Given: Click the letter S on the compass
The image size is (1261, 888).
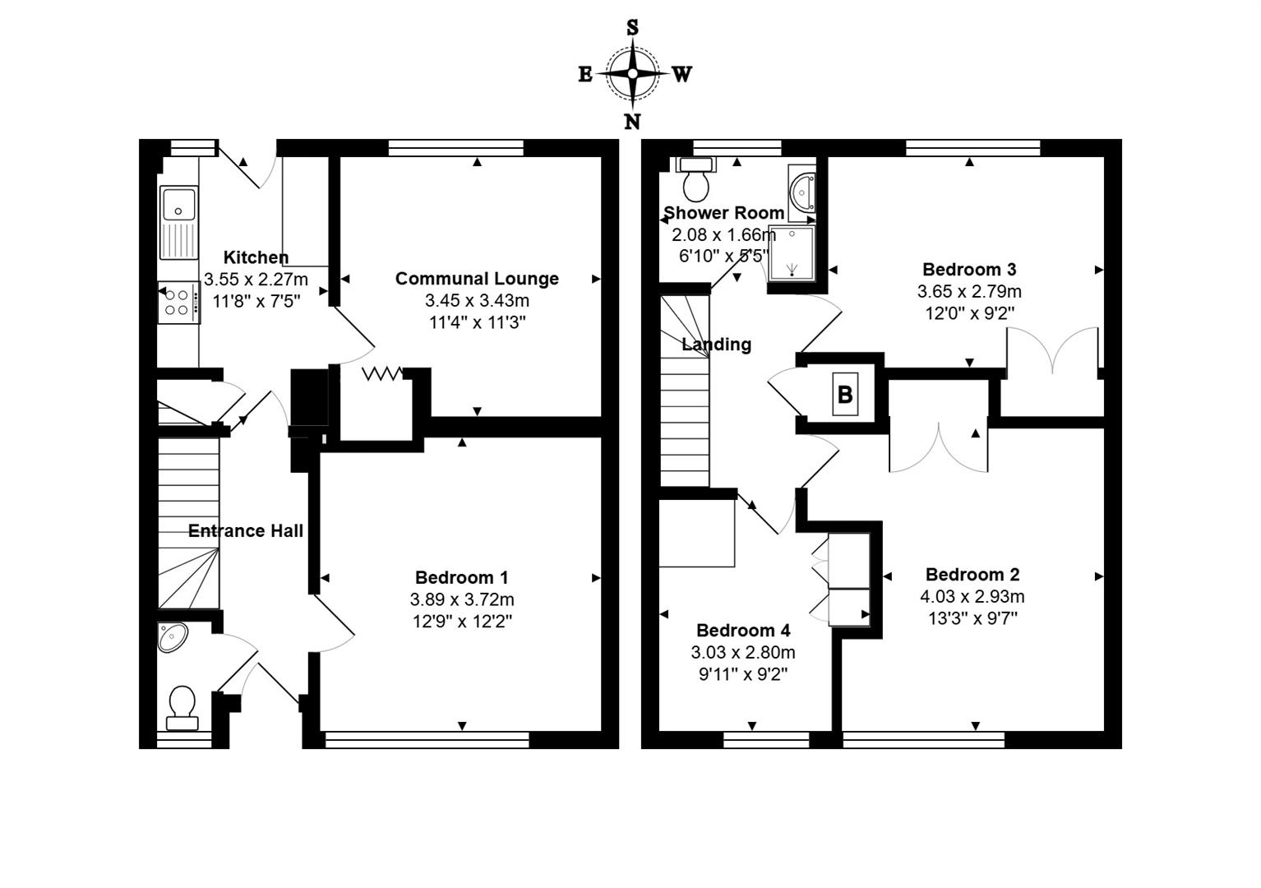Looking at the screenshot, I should tap(632, 28).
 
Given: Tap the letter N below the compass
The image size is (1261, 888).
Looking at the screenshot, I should tap(632, 122).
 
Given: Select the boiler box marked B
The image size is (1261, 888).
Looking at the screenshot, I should tap(845, 395).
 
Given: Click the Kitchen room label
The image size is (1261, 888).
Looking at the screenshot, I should tap(256, 257).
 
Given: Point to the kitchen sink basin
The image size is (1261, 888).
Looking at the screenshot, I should tap(178, 203).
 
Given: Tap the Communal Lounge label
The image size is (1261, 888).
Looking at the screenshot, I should tap(477, 279).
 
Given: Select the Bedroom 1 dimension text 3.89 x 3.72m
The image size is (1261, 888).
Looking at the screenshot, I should tap(462, 599).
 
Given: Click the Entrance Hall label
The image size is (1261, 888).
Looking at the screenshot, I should tap(246, 531).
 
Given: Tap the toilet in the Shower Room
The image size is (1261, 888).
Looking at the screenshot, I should tap(696, 182).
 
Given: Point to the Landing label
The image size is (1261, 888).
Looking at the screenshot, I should tap(717, 345).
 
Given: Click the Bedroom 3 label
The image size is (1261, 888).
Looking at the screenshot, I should tap(969, 270).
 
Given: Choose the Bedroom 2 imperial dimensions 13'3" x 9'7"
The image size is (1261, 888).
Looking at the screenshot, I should tap(972, 618).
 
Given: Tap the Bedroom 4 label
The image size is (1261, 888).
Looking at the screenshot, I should tap(743, 631).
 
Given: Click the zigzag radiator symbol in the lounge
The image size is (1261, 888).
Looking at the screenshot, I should tap(382, 374).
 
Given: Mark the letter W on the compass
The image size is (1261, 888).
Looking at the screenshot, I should tap(681, 75).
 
